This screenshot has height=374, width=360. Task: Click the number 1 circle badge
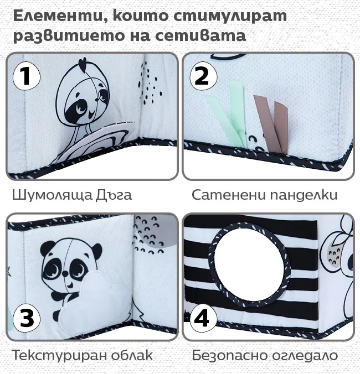[27, 76]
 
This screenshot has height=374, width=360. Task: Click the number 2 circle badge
[203, 76]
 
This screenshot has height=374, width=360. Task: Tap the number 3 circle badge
[27, 318]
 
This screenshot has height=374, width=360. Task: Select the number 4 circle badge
[203, 318]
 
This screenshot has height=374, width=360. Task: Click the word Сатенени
[229, 195]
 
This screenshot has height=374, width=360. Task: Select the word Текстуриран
[59, 356]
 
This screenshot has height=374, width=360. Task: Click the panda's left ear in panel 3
[47, 248]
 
